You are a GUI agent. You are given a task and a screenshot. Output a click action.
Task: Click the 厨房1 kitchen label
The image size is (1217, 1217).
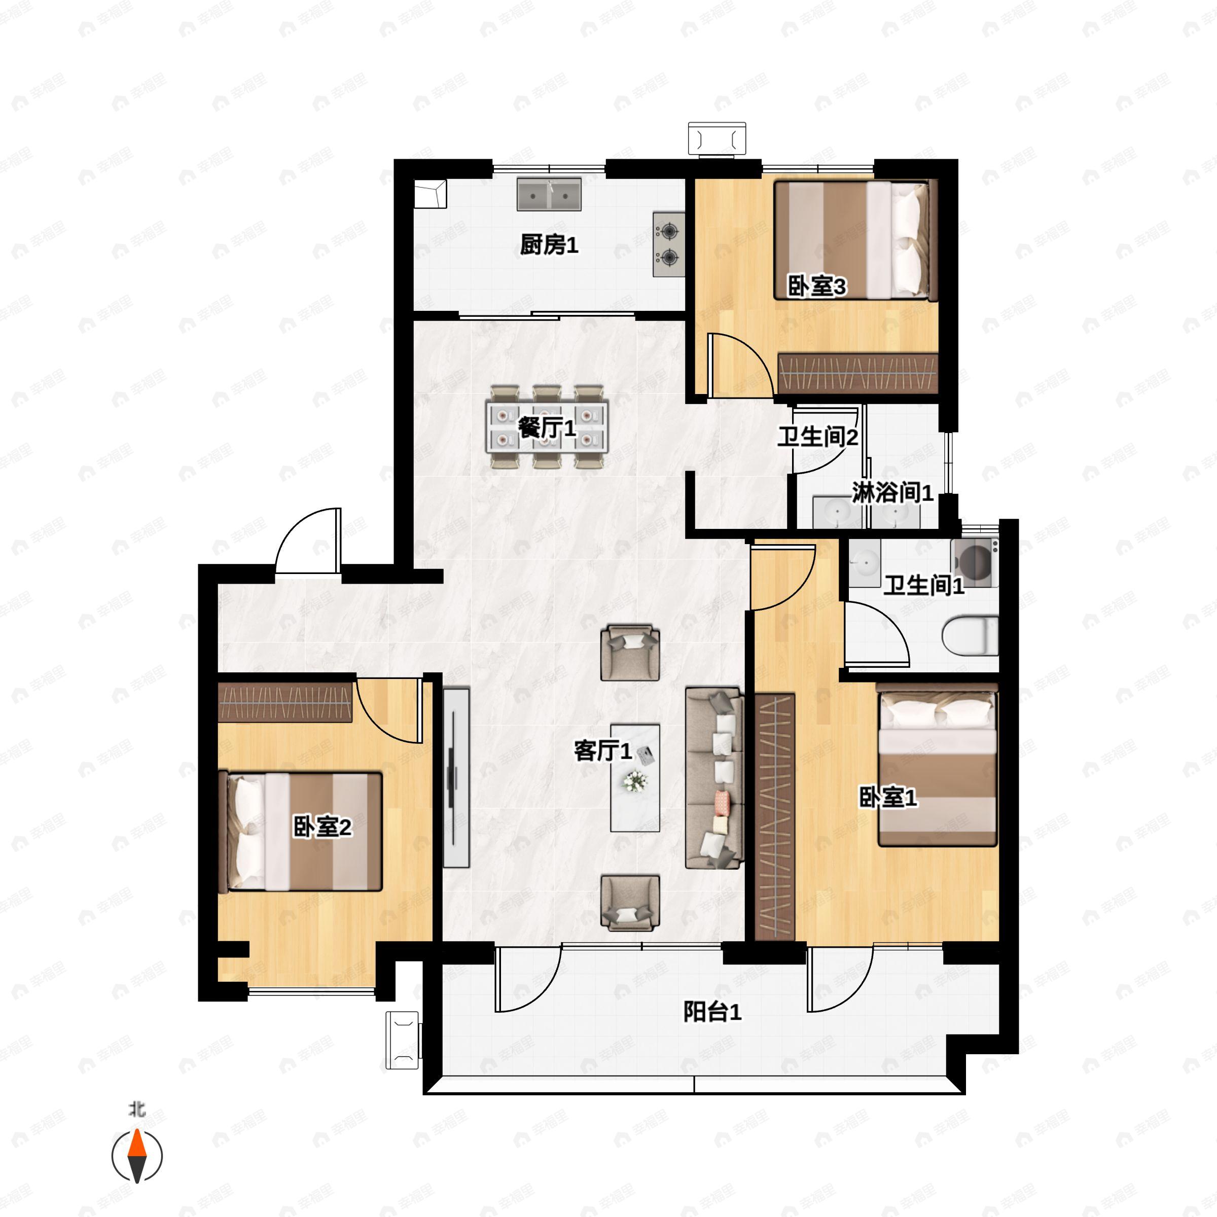click(x=549, y=245)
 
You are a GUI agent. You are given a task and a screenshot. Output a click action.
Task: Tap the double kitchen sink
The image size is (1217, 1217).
click(x=549, y=194)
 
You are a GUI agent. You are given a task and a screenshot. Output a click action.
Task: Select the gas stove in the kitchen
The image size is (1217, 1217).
click(x=668, y=244)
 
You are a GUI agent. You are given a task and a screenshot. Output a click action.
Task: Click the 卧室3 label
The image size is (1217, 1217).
click(x=817, y=287)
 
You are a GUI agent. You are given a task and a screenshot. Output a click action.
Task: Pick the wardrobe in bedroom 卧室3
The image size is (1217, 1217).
click(x=858, y=374)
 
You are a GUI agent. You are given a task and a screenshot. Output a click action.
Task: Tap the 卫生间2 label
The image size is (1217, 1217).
click(x=817, y=437)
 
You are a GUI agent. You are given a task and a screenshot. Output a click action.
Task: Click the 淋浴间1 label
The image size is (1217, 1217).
click(x=892, y=492)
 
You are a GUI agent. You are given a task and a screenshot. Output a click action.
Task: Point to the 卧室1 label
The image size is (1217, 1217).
click(x=888, y=798)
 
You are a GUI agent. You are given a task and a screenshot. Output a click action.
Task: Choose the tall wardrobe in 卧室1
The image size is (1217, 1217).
click(x=775, y=817)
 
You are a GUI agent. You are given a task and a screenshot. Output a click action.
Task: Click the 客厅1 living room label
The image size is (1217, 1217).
click(x=602, y=750)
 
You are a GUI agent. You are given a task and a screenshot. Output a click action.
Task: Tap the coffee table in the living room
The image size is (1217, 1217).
click(x=635, y=778)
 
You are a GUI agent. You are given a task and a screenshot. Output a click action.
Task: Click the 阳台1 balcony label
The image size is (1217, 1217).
click(x=712, y=1012)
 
